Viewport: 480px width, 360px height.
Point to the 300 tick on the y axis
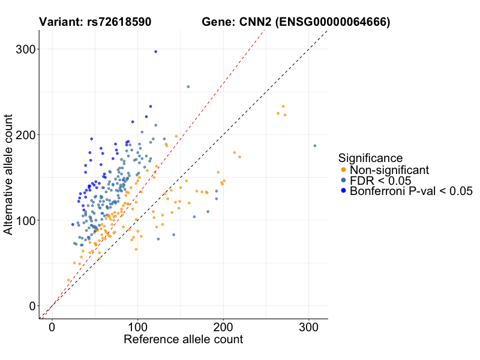click(26, 49)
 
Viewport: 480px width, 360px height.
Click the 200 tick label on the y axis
click(26, 135)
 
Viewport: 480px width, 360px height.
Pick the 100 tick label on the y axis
click(26, 220)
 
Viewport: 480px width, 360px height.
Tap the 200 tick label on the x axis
click(223, 328)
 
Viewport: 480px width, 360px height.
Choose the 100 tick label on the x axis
click(137, 328)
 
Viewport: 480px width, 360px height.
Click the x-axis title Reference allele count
click(183, 340)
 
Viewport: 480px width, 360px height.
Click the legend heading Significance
click(370, 158)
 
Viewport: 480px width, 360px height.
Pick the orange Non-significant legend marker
click(343, 170)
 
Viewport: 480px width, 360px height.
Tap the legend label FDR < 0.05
click(380, 181)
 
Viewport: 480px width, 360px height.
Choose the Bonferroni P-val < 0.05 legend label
click(411, 191)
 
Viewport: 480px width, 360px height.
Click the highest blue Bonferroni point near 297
click(155, 52)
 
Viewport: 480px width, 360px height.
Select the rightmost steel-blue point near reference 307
click(314, 146)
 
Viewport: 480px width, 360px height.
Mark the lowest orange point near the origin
click(68, 280)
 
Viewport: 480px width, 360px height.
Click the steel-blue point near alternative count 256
click(188, 86)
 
